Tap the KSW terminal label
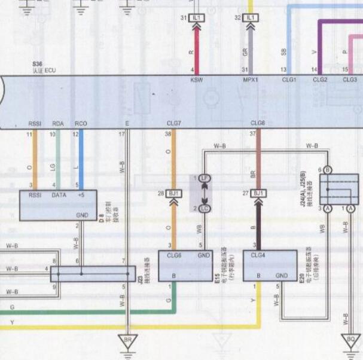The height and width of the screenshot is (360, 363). pos(196,80)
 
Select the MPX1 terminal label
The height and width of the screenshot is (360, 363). pos(250,80)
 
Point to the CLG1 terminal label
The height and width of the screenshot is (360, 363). pos(288,80)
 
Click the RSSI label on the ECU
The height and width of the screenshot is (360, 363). pos(35,124)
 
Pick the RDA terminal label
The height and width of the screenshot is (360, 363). pos(58,124)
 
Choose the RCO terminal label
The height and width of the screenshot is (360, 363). pos(81,124)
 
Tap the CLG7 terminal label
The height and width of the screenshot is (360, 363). pos(174,124)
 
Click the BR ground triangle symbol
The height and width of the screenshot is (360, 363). pos(127,339)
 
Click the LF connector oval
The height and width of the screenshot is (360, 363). pos(205,178)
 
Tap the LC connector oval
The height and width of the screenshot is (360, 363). pos(205,208)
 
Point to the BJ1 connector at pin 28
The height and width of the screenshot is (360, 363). pos(174,193)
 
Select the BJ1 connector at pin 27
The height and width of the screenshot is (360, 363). pos(258,193)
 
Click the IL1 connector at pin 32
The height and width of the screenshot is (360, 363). pos(251,18)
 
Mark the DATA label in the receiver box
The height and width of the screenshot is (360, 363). pos(59,195)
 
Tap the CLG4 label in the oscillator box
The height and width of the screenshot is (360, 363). pos(258,255)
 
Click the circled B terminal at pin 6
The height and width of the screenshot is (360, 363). pos(328,170)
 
